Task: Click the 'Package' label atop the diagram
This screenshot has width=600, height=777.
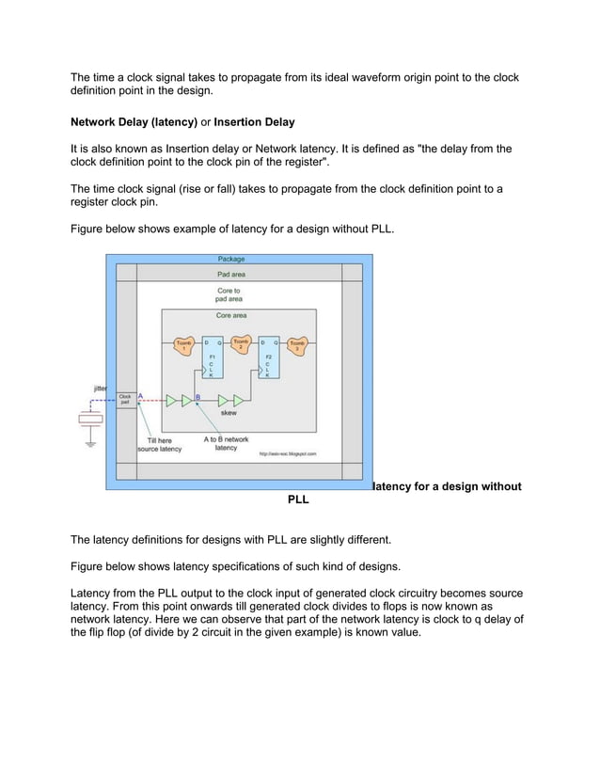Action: tap(231, 259)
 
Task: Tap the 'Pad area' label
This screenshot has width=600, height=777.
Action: tap(231, 274)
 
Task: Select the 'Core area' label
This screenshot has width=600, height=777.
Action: tap(231, 315)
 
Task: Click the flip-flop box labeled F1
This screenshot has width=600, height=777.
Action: tap(213, 358)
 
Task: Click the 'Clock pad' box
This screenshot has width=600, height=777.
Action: tap(124, 400)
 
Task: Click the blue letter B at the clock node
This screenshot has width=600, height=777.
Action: tap(197, 397)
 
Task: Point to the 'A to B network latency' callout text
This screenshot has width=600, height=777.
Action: tap(226, 444)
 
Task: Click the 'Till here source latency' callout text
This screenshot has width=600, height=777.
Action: tap(160, 445)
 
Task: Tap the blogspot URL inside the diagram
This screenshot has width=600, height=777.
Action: tap(288, 453)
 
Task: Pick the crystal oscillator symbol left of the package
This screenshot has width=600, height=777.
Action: tap(90, 420)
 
